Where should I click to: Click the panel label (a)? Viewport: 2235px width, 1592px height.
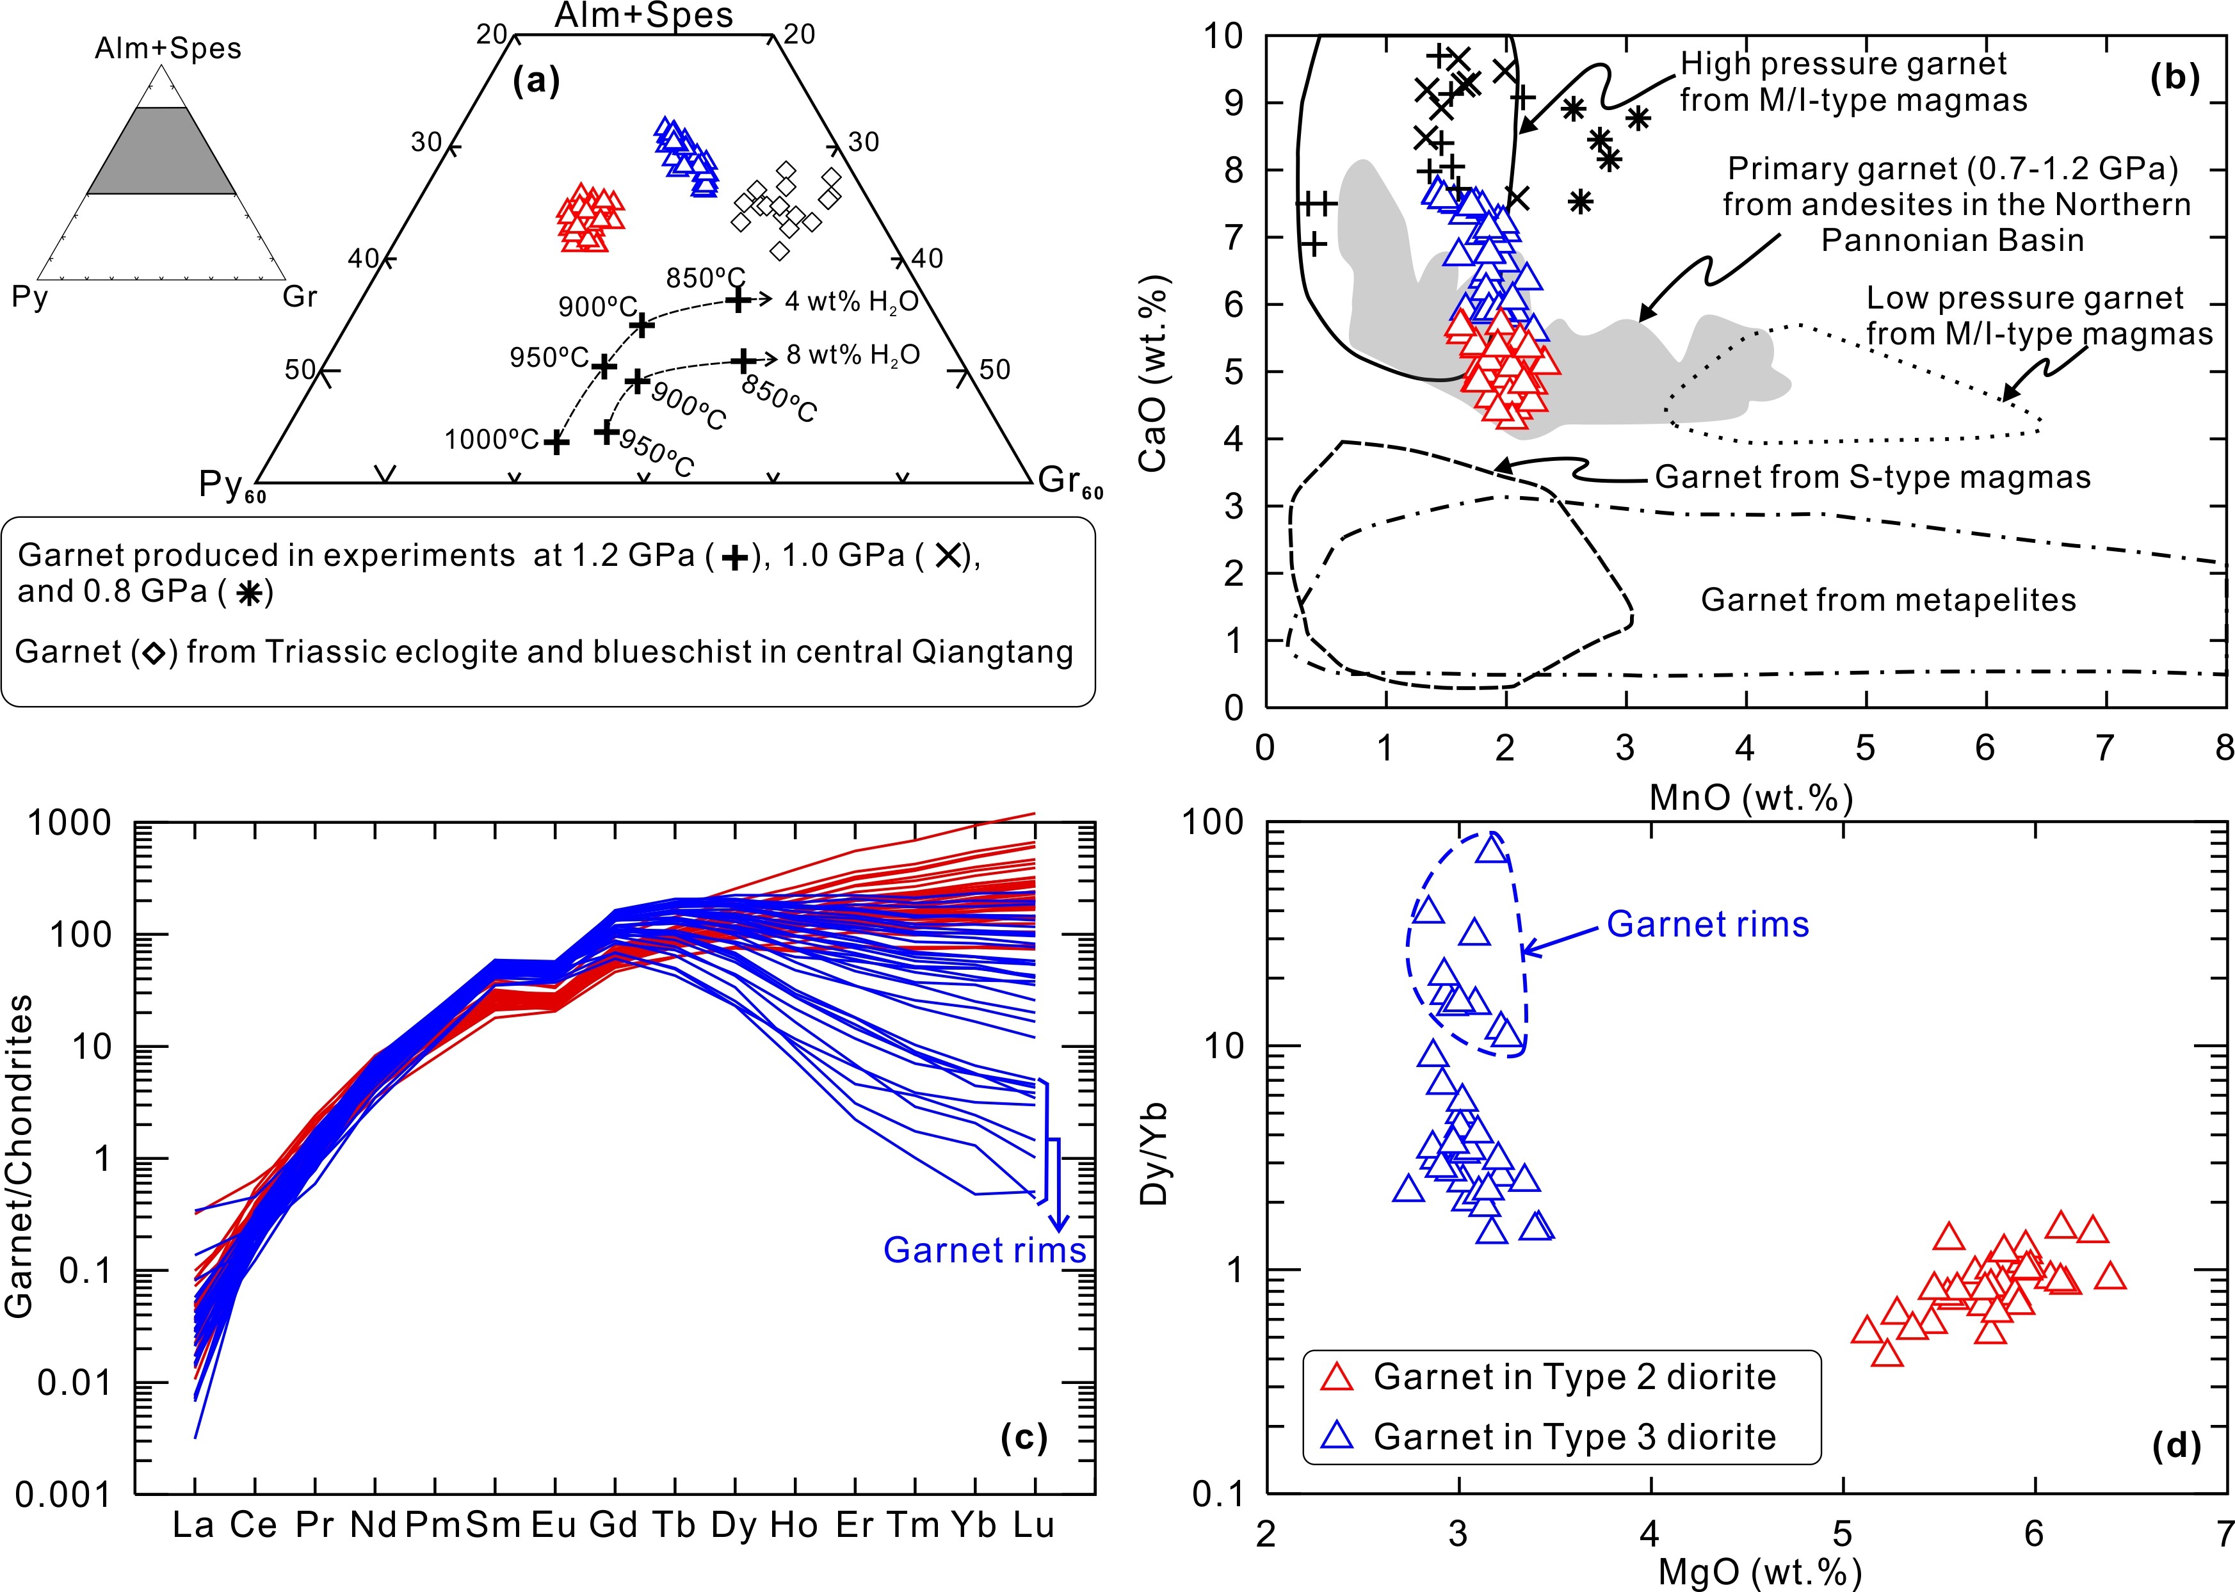pyautogui.click(x=537, y=81)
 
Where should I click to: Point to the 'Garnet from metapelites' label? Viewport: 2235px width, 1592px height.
pyautogui.click(x=1887, y=599)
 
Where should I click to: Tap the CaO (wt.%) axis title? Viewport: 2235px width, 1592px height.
pyautogui.click(x=1154, y=373)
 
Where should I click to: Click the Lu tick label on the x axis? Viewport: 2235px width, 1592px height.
pyautogui.click(x=1034, y=1525)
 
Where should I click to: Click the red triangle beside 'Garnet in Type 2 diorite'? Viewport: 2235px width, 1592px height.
pyautogui.click(x=1337, y=1376)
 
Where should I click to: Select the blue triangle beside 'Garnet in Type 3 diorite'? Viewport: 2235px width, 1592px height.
pyautogui.click(x=1337, y=1436)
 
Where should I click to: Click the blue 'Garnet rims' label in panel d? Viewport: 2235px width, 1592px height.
pyautogui.click(x=1707, y=924)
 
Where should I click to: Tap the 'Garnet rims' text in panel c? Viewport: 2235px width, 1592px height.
pyautogui.click(x=984, y=1250)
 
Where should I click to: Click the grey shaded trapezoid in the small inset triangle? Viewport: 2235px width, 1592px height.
pyautogui.click(x=162, y=152)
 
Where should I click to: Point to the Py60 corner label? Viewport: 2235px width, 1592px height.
pyautogui.click(x=230, y=485)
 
